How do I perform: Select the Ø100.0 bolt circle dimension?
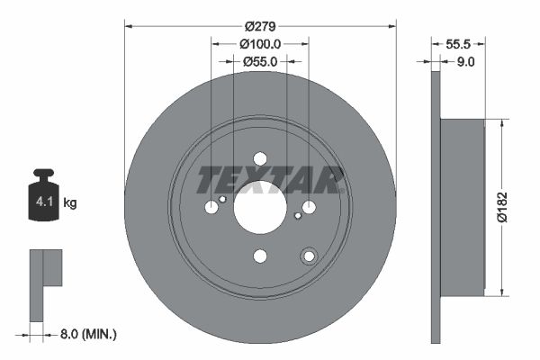coord(260,42)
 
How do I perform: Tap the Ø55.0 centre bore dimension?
coord(260,60)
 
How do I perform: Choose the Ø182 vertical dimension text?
coord(516,205)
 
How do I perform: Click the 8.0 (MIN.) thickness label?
coord(87,334)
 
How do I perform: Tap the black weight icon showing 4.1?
coord(43,196)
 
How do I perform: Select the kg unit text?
coord(70,202)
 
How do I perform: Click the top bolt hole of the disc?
coord(260,158)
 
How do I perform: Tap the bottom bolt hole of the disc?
coord(260,256)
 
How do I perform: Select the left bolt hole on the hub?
coord(211,207)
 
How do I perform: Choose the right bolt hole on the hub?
coord(309,207)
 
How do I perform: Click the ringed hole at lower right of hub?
coord(309,256)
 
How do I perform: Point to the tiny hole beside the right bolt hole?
coord(297,215)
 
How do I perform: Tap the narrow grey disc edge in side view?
coord(436,207)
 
